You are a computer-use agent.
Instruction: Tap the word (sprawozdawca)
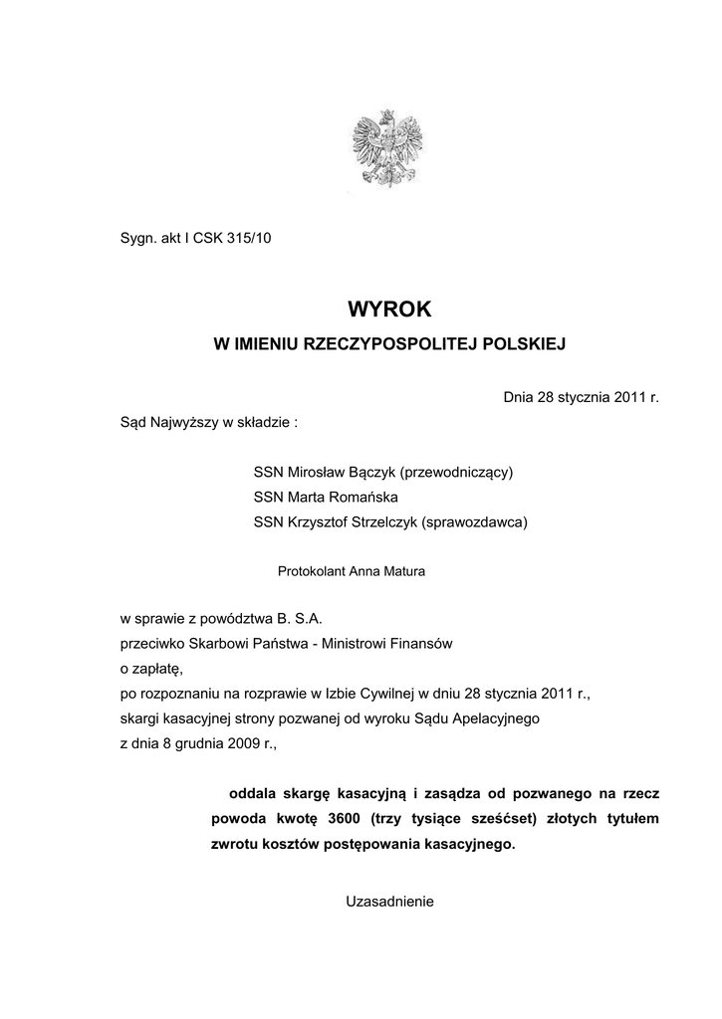coord(474,521)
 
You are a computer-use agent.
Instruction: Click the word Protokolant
coord(312,571)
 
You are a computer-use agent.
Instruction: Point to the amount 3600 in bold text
coord(344,818)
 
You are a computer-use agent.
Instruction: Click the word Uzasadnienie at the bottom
coord(390,902)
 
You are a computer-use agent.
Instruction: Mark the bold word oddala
coord(252,793)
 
